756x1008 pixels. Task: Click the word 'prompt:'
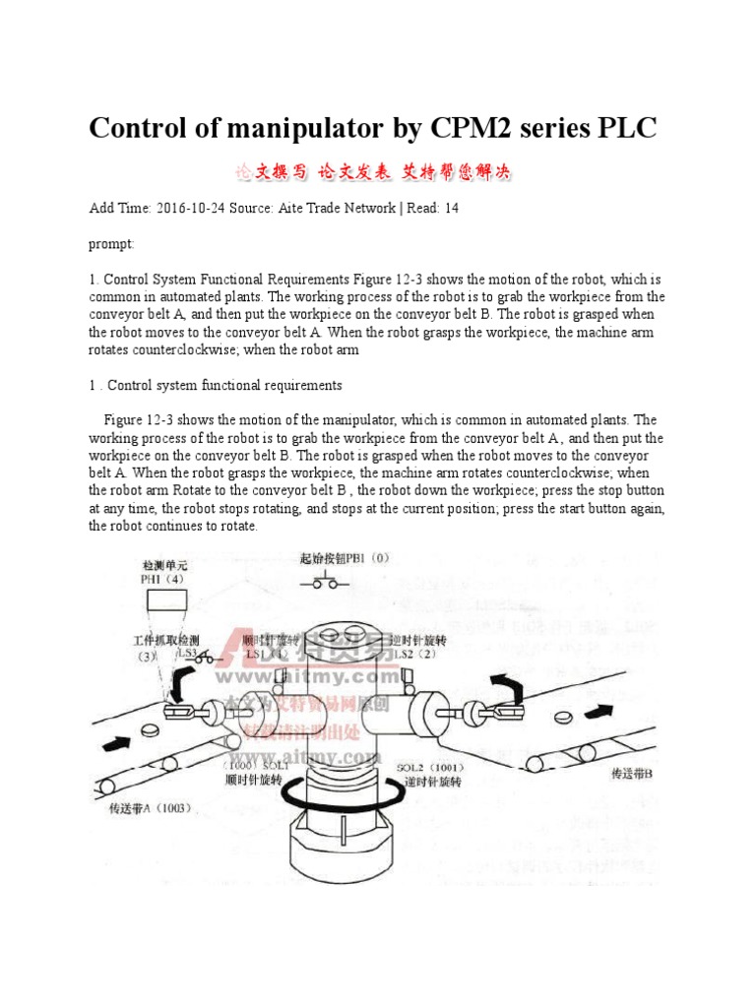[111, 242]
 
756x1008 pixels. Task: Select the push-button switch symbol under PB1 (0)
[325, 582]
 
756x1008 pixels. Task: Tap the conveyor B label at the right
[632, 774]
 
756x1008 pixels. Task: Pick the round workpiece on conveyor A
[150, 729]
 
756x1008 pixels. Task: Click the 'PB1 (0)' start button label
[345, 558]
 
